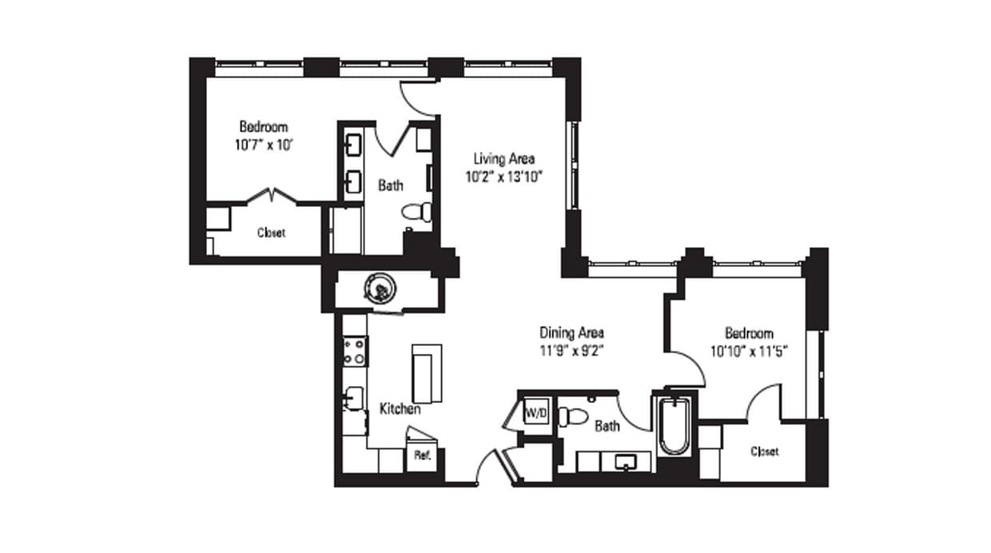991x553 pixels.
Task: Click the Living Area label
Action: [503, 158]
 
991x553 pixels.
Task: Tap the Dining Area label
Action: [571, 332]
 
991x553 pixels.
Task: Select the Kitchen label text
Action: [400, 409]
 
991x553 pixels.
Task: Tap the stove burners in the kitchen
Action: [355, 352]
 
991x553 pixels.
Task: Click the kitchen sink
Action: [353, 398]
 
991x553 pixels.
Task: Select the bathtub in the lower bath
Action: [675, 425]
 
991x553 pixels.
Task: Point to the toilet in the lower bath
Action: [572, 416]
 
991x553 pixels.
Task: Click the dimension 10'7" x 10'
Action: [263, 145]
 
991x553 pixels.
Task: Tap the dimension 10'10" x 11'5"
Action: [749, 349]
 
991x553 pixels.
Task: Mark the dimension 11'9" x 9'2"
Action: [571, 349]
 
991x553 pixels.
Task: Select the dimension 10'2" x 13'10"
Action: [503, 177]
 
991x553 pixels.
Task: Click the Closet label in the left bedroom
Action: [271, 233]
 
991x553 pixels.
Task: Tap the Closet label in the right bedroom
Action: [764, 452]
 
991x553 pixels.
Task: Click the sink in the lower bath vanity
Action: [626, 461]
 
